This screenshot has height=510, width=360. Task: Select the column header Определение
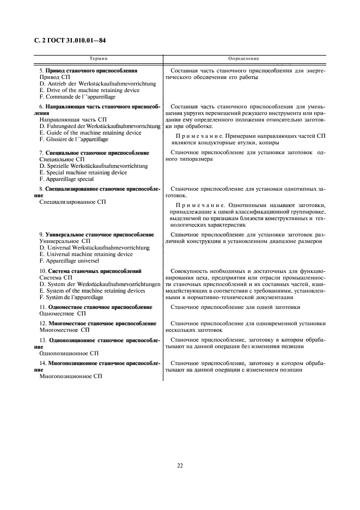pos(244,58)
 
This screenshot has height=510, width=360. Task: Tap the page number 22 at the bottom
pos(180,465)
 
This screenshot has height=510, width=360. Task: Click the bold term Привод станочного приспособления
pos(91,71)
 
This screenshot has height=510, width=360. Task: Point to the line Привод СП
pos(55,77)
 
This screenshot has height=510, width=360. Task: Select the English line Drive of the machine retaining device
pos(89,90)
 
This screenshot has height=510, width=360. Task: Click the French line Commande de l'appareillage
pos(77,96)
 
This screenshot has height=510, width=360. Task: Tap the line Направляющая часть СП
pos(70,120)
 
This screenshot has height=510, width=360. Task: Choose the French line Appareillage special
pos(66,179)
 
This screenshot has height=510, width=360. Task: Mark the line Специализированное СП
pos(73,202)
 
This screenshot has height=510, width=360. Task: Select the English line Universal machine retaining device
pos(86,254)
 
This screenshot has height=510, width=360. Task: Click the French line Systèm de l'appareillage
pos(71,297)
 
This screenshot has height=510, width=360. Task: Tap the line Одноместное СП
pos(63,314)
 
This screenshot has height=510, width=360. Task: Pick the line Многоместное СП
pos(64,330)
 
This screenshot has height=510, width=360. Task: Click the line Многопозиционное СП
pos(71,376)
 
